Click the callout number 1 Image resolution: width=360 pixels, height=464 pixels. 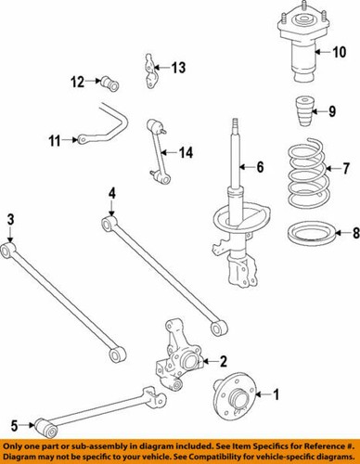(274, 394)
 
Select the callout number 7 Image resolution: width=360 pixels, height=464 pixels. (347, 170)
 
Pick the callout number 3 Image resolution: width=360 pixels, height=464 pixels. (10, 219)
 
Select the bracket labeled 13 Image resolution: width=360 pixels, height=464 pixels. (150, 71)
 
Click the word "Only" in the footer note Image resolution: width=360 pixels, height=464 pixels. (16, 445)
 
